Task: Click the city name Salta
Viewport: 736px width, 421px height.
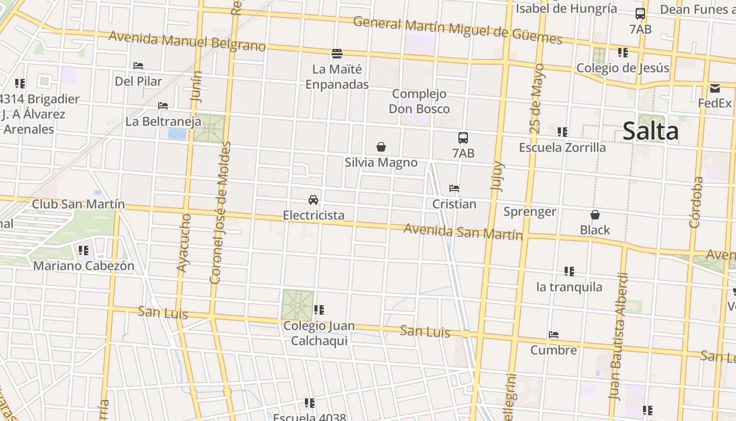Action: [650, 131]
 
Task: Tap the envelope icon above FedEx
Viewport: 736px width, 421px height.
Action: [715, 88]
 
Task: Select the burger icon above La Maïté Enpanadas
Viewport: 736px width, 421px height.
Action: [337, 53]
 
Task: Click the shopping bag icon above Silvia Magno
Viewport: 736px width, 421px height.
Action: [381, 147]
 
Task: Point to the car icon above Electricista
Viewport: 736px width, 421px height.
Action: [313, 200]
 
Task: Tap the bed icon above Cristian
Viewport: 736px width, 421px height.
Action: [454, 188]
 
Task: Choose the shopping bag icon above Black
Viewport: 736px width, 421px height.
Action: [595, 215]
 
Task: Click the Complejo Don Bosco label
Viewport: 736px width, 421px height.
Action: [419, 102]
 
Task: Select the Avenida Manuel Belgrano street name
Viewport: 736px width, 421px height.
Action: [187, 41]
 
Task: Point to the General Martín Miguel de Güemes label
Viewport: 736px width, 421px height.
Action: [457, 30]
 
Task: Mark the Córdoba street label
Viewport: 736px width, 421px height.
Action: [697, 202]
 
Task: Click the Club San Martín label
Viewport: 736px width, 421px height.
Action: [78, 204]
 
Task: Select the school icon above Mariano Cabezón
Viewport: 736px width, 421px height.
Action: [84, 250]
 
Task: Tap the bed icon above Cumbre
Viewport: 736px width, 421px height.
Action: [553, 335]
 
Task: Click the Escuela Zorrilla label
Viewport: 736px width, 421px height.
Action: [562, 147]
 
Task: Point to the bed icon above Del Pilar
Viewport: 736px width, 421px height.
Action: [138, 66]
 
